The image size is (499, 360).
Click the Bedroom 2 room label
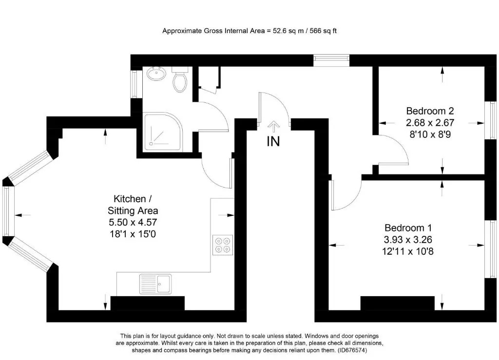pyautogui.click(x=430, y=111)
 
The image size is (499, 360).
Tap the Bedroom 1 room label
pyautogui.click(x=408, y=227)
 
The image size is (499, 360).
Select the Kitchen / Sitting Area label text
pyautogui.click(x=133, y=205)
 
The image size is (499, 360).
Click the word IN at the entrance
pyautogui.click(x=273, y=142)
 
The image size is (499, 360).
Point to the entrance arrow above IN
pyautogui.click(x=273, y=127)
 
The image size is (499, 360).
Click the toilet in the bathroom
pyautogui.click(x=180, y=79)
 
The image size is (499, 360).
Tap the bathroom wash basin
pyautogui.click(x=156, y=74)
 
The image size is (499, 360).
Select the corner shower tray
pyautogui.click(x=164, y=132)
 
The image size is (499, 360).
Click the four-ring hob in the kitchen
pyautogui.click(x=222, y=245)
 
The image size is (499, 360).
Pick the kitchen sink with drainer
pyautogui.click(x=155, y=284)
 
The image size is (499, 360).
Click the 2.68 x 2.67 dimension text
pyautogui.click(x=430, y=123)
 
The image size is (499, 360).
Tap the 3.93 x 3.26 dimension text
pyautogui.click(x=408, y=240)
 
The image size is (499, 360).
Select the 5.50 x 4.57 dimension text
pyautogui.click(x=133, y=222)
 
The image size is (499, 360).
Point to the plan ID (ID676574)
pyautogui.click(x=353, y=350)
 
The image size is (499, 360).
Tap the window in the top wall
pyautogui.click(x=331, y=60)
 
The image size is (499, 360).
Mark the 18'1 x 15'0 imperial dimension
pyautogui.click(x=133, y=234)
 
